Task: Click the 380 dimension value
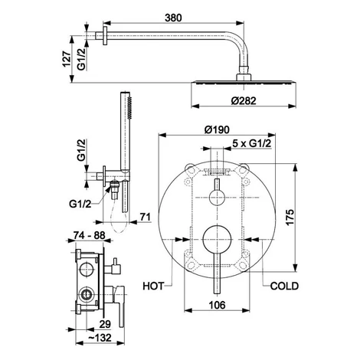pyautogui.click(x=173, y=18)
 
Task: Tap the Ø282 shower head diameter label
pyautogui.click(x=244, y=101)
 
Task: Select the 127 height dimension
pyautogui.click(x=67, y=59)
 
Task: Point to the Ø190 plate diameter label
pyautogui.click(x=217, y=129)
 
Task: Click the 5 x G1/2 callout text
pyautogui.click(x=251, y=143)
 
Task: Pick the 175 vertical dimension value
pyautogui.click(x=290, y=218)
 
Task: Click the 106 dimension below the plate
pyautogui.click(x=217, y=305)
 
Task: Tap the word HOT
pyautogui.click(x=153, y=286)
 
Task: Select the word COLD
pyautogui.click(x=284, y=286)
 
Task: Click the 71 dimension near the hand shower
pyautogui.click(x=146, y=217)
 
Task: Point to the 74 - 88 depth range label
pyautogui.click(x=89, y=235)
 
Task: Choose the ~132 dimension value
pyautogui.click(x=100, y=338)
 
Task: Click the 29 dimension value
pyautogui.click(x=105, y=324)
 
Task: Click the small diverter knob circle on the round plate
pyautogui.click(x=217, y=198)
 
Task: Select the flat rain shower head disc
pyautogui.click(x=244, y=83)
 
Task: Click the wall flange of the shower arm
pyautogui.click(x=105, y=35)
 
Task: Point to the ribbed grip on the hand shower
pyautogui.click(x=129, y=107)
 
